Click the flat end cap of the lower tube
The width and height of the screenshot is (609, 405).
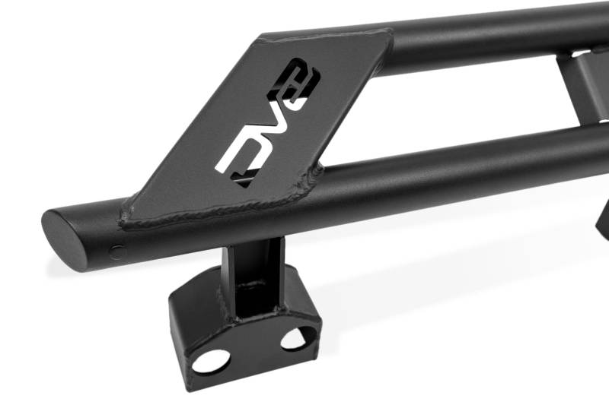[x=63, y=240]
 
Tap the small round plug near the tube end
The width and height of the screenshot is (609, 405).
[x=118, y=253]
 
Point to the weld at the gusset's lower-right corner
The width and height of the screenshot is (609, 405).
[x=313, y=178]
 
